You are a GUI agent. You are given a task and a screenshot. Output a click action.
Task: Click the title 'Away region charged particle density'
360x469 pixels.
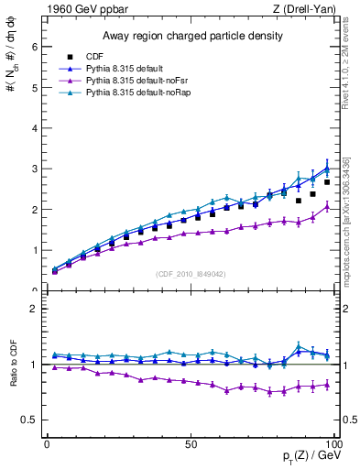pos(191,37)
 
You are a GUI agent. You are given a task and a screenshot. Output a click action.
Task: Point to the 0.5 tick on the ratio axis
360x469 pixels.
pos(29,420)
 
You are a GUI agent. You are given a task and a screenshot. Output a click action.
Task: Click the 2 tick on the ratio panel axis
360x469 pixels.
pos(33,309)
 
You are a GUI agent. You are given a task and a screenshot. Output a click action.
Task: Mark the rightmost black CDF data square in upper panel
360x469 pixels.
pos(327,182)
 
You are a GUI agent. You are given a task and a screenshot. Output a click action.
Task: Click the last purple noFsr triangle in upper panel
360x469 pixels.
pos(327,207)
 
